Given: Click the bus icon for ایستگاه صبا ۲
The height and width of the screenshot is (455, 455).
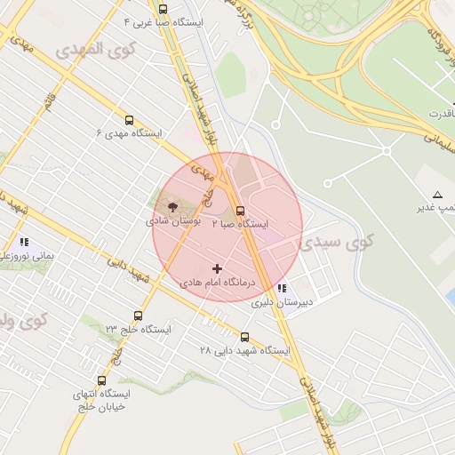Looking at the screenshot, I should (240, 211).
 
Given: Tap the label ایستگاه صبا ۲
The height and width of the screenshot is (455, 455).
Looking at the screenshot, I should (240, 224).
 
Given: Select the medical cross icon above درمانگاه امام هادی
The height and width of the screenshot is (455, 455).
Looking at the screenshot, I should (218, 268).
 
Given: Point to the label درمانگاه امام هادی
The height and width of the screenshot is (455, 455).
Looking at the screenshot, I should (218, 282).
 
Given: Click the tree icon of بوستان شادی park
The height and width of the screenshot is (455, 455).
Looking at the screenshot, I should (172, 204).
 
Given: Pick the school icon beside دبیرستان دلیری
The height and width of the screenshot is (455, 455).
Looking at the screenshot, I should (282, 288).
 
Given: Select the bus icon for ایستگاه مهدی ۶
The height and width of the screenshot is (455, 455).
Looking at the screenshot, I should (130, 121).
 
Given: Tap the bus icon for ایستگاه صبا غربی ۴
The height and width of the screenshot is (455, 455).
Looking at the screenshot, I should (162, 9).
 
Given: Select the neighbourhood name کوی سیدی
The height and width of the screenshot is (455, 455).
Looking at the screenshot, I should (347, 240).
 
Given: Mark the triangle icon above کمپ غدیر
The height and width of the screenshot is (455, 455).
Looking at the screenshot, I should (436, 194).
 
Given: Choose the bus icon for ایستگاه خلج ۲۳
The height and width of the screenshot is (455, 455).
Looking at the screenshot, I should (138, 315).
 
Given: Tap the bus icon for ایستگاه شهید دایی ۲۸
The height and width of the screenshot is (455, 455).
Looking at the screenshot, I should (245, 337).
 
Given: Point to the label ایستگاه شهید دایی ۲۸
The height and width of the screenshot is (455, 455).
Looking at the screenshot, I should (245, 350).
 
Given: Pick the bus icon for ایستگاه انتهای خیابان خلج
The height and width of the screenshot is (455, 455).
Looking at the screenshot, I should (101, 380).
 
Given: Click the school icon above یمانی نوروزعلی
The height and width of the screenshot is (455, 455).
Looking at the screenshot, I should (24, 242).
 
